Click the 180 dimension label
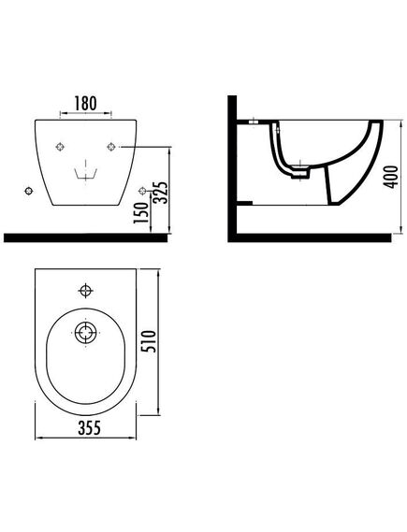click(85, 103)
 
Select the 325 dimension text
click(160, 193)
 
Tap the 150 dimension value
click(141, 213)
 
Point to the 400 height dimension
click(392, 177)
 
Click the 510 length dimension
click(149, 341)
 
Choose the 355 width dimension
click(90, 427)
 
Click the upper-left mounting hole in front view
click(60, 147)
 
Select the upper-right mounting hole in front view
click(111, 147)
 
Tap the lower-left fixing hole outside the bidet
click(29, 191)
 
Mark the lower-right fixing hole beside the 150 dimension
click(142, 192)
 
